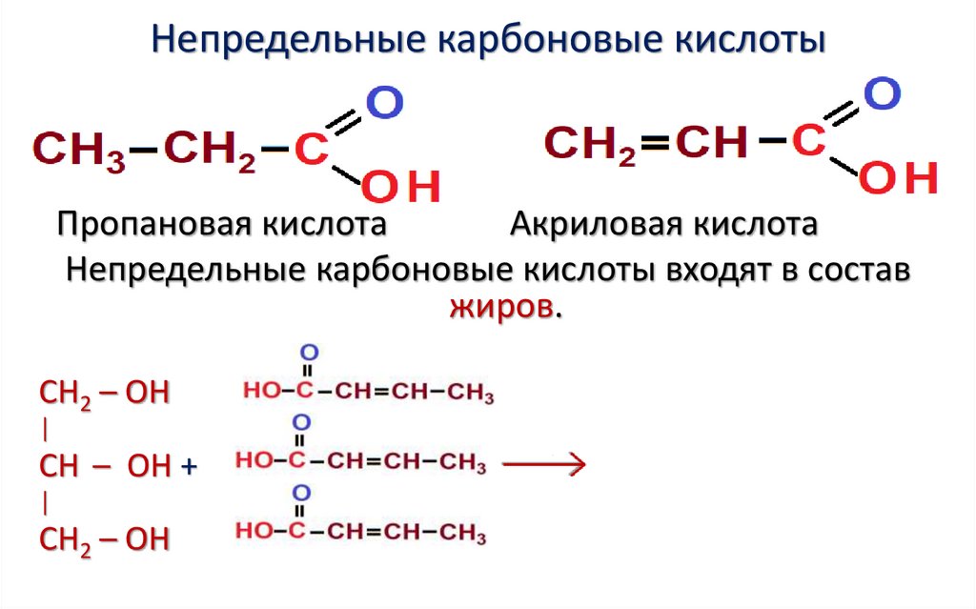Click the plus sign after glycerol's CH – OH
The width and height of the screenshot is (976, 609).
point(188,467)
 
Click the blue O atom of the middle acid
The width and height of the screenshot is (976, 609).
point(301,422)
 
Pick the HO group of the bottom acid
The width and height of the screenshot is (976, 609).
point(256,530)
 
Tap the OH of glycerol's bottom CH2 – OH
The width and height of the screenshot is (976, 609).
point(148,539)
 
